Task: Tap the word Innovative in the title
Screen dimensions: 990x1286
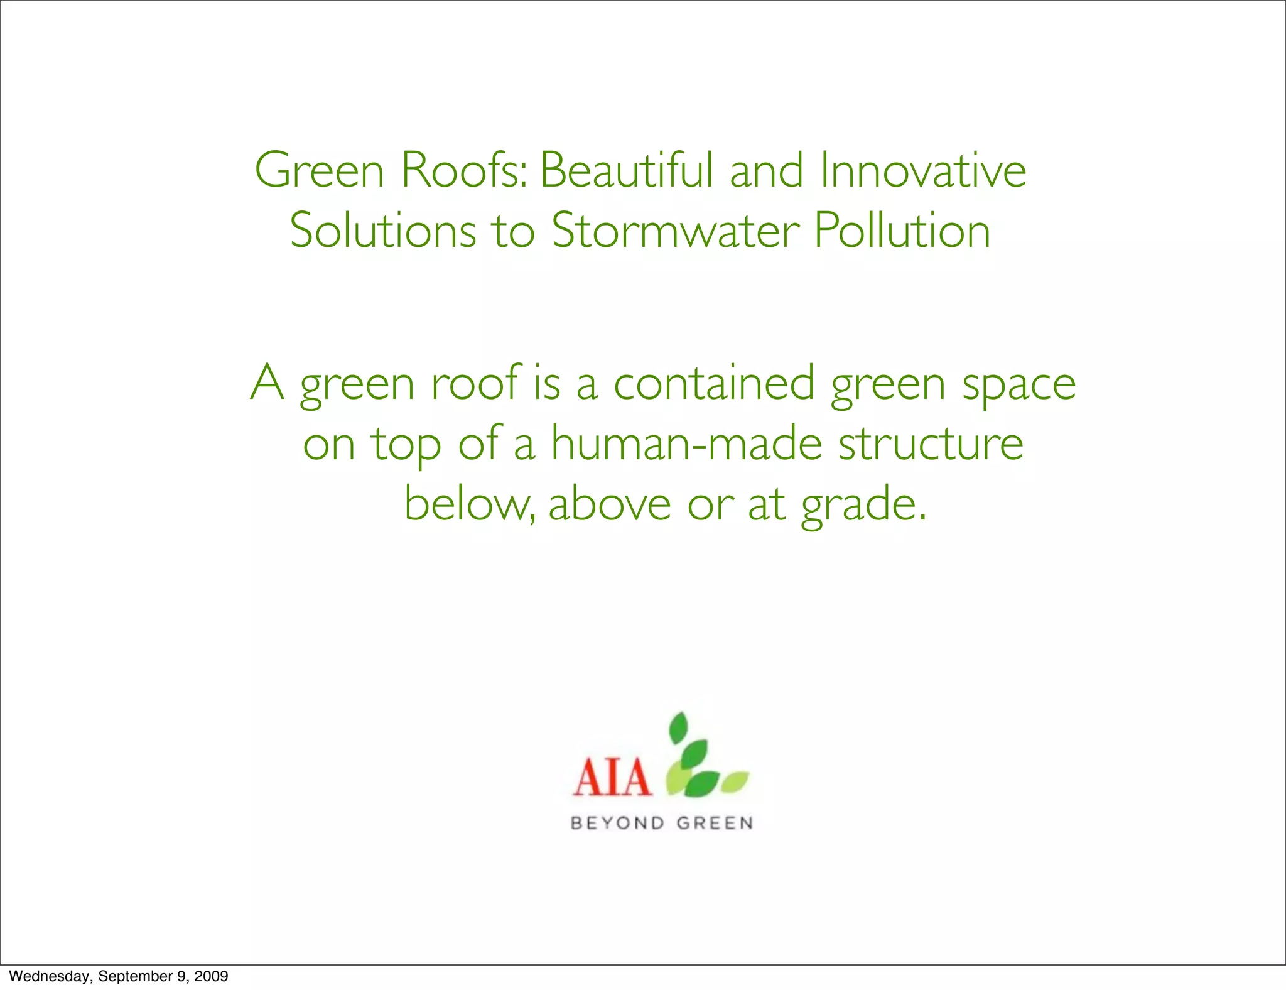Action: click(923, 171)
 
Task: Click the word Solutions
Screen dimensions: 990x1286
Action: click(382, 231)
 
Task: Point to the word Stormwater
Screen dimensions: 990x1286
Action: click(675, 231)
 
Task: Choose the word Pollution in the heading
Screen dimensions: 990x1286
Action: click(902, 231)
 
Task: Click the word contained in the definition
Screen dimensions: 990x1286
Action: click(714, 383)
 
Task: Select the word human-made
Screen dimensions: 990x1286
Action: click(686, 443)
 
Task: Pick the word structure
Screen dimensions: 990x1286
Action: click(931, 443)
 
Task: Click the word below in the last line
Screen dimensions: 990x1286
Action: click(468, 504)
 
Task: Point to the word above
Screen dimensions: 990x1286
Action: click(610, 504)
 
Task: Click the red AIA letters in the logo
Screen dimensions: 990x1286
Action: click(611, 777)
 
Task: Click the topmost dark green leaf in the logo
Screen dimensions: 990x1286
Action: click(679, 729)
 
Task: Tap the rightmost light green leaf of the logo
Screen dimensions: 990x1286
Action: click(735, 781)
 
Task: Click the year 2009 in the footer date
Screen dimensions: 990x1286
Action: click(211, 976)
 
